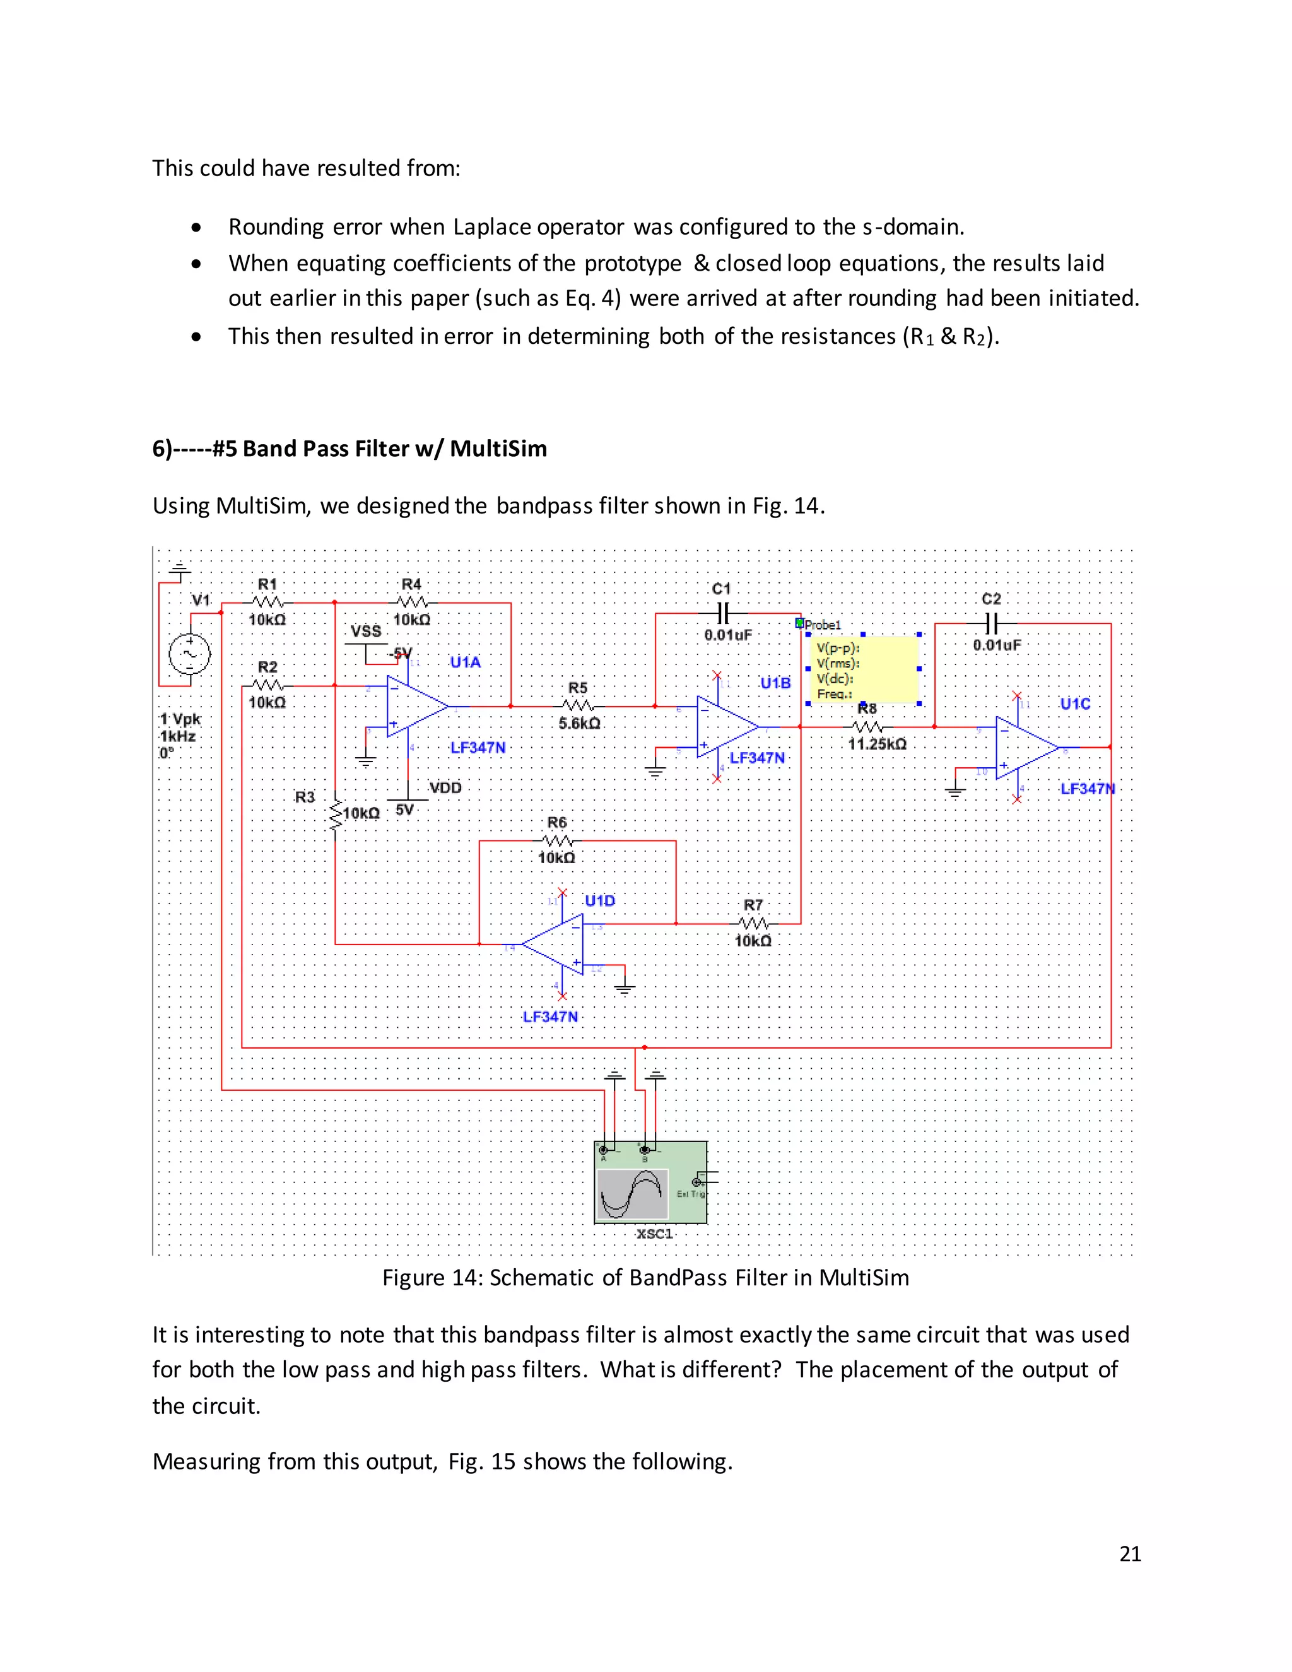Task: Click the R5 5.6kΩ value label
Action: click(x=579, y=722)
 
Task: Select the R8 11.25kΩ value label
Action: click(x=877, y=743)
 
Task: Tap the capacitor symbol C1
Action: click(x=722, y=613)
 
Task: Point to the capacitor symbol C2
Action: click(x=991, y=621)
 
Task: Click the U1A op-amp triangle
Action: click(x=413, y=707)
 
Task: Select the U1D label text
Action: click(x=600, y=900)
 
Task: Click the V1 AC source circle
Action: click(x=189, y=654)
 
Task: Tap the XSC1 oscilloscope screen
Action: click(x=633, y=1194)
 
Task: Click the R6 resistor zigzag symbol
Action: click(x=556, y=840)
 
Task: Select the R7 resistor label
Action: click(x=753, y=905)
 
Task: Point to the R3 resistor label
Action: click(x=305, y=797)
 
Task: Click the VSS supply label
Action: click(x=366, y=631)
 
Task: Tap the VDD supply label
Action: click(x=445, y=788)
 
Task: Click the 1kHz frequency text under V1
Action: click(x=177, y=736)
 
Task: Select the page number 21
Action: click(x=1130, y=1553)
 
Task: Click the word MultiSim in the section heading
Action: click(x=498, y=449)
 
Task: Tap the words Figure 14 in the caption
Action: click(x=428, y=1278)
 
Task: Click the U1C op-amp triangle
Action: click(x=1023, y=746)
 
